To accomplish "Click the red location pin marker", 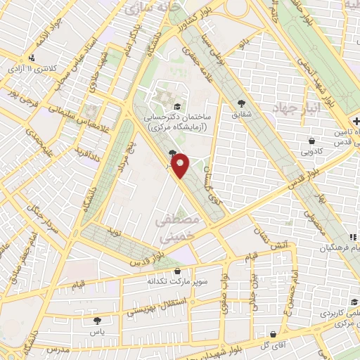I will pyautogui.click(x=181, y=165).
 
